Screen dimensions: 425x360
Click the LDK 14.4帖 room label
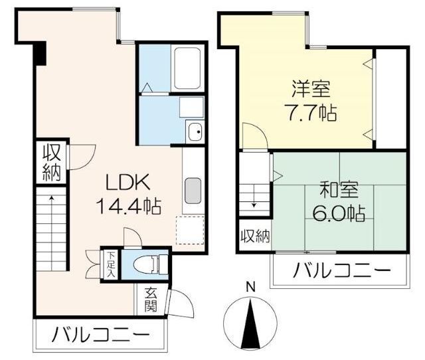point(128,195)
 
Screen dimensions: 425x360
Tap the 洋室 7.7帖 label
point(311,100)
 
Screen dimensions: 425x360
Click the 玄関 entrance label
point(151,300)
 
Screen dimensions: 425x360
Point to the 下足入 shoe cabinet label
point(110,265)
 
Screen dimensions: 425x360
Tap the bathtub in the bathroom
point(187,68)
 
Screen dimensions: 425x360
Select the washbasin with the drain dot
point(195,132)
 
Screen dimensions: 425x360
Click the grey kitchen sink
point(193,191)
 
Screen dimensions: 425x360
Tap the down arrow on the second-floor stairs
point(254,196)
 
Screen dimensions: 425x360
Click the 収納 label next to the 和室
point(256,236)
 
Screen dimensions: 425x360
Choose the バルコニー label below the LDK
point(100,335)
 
